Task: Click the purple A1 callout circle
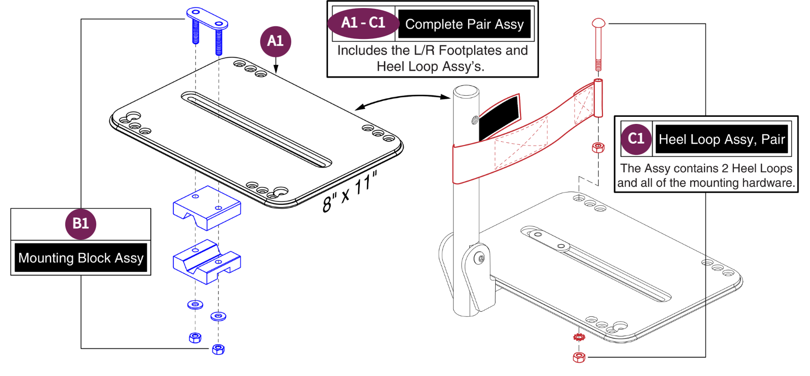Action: (x=275, y=41)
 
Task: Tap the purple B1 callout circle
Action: (x=80, y=223)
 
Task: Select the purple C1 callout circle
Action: (x=636, y=138)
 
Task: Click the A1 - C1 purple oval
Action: (x=363, y=23)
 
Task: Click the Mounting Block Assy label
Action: (x=81, y=258)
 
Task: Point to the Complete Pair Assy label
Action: (x=464, y=24)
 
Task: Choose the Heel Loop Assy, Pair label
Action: (x=721, y=139)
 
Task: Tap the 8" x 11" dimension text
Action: (x=350, y=192)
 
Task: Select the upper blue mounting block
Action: (x=207, y=207)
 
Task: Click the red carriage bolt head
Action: (x=599, y=23)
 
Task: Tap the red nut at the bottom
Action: (x=579, y=358)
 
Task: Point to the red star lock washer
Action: (x=579, y=337)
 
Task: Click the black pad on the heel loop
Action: (x=499, y=117)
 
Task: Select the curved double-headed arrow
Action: (x=403, y=100)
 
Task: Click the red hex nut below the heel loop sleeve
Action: (x=598, y=147)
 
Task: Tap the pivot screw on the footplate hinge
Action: (x=480, y=258)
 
